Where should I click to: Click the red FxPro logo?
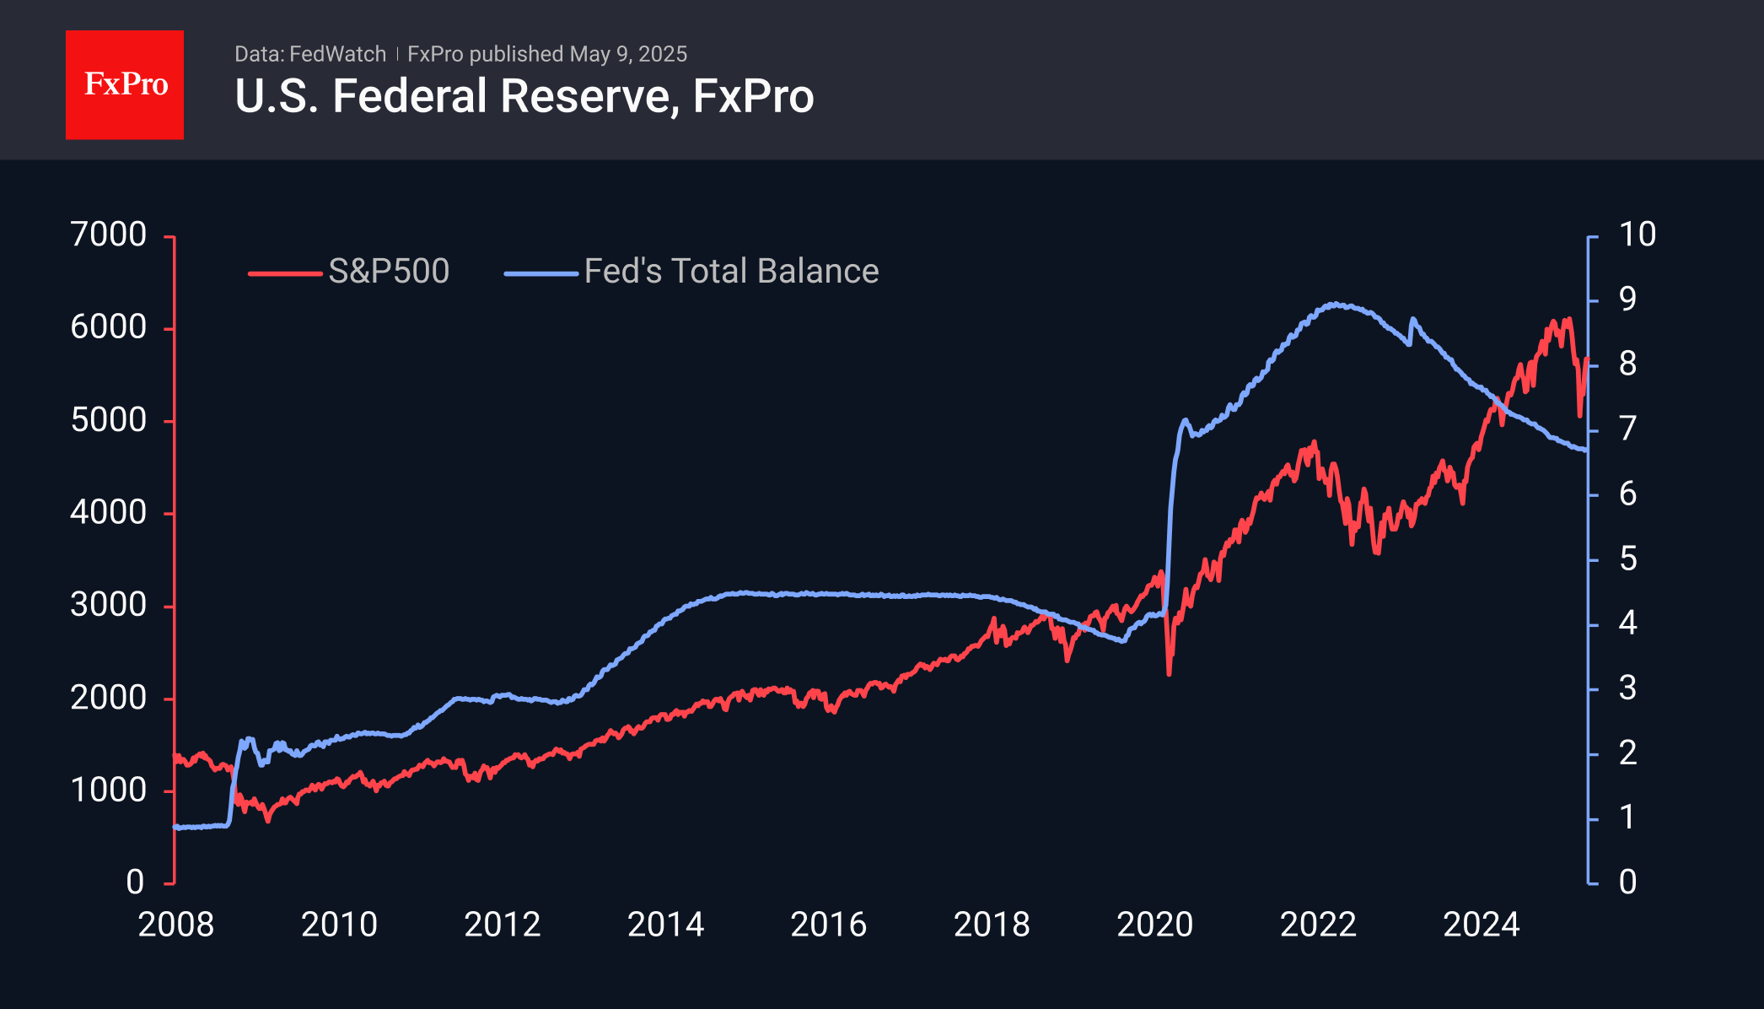125,84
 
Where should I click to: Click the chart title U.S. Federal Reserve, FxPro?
524,96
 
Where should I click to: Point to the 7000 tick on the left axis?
109,235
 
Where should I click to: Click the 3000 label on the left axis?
109,605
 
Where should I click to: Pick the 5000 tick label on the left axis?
109,420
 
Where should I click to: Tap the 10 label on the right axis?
1637,235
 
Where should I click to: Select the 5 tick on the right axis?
1627,558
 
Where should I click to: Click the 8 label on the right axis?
1627,364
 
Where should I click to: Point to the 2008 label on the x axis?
175,925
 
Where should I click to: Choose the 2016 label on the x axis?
828,925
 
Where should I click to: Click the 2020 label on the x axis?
1154,925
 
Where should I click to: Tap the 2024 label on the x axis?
1481,925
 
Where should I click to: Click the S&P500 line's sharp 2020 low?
1169,673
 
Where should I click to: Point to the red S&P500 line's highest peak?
1568,319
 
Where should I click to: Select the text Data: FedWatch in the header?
310,54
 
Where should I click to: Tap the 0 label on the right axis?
1627,882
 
